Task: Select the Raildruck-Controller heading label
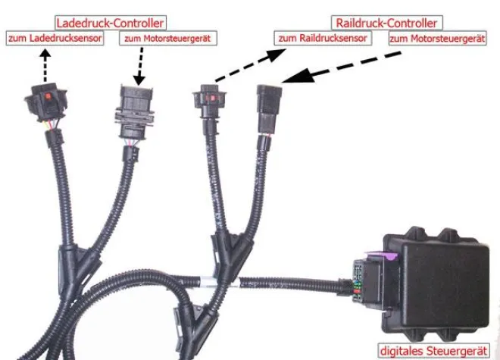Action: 386,22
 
